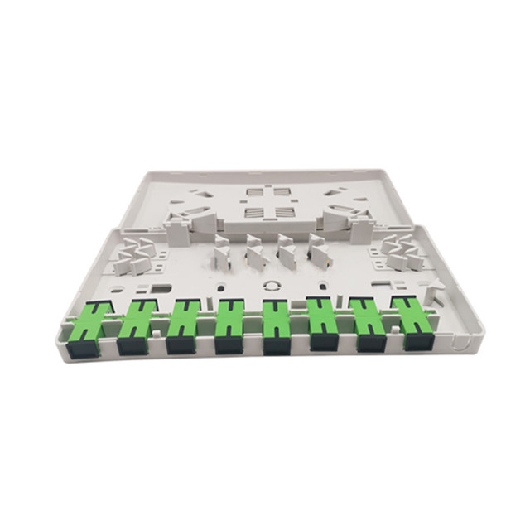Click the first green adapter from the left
point(93,325)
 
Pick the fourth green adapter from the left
point(229,324)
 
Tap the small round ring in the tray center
point(269,283)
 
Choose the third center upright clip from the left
point(287,249)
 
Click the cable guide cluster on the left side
point(132,256)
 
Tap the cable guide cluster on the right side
point(403,250)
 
